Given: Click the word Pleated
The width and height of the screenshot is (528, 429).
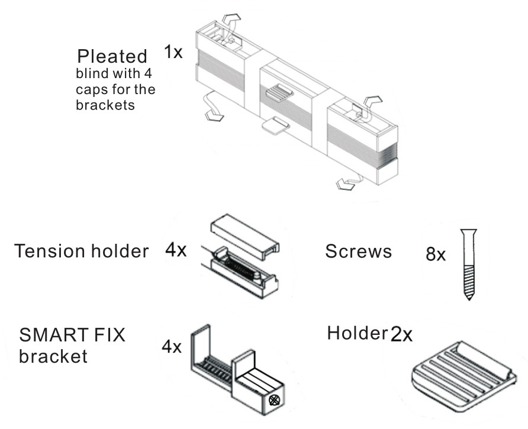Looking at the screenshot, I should click(x=112, y=57).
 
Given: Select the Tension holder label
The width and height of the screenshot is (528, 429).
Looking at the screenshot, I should click(x=82, y=251).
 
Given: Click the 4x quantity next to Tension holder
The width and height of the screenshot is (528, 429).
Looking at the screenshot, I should click(x=176, y=250).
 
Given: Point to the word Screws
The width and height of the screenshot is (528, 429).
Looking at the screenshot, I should click(x=358, y=251).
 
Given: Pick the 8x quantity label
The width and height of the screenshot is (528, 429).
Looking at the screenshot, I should click(x=436, y=254).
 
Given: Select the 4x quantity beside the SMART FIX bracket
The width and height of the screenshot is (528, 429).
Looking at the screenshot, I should click(x=172, y=346).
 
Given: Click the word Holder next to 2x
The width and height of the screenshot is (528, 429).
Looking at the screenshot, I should click(x=356, y=334).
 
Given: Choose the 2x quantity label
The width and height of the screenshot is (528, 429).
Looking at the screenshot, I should click(x=401, y=335).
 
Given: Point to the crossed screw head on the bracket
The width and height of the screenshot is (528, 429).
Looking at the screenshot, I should click(x=274, y=400).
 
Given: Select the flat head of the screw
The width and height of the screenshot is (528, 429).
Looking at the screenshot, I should click(x=468, y=231).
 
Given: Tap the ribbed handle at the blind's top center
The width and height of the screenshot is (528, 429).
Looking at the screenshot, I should click(x=279, y=92).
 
